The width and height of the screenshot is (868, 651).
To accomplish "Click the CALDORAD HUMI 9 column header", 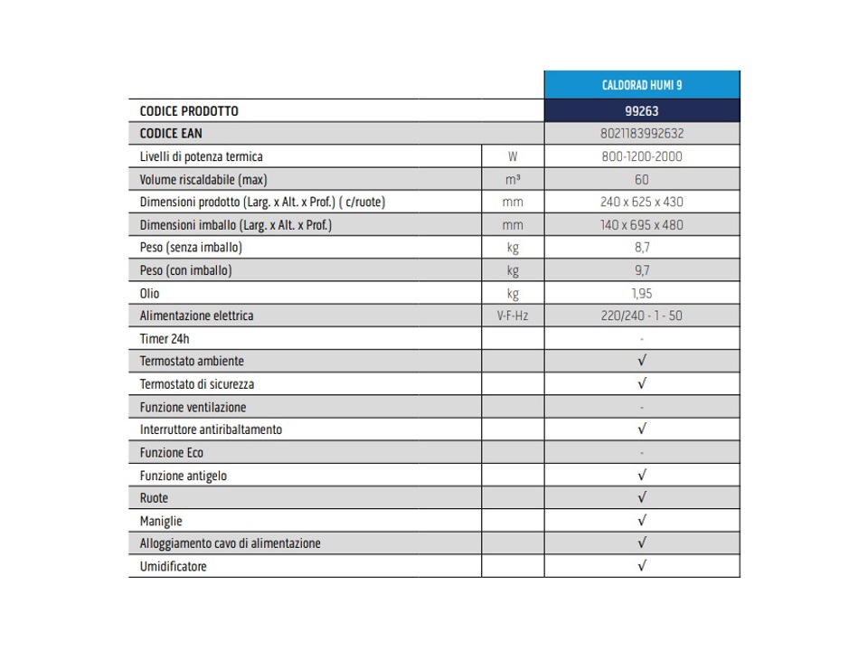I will [642, 85].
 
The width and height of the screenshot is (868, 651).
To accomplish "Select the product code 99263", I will [642, 111].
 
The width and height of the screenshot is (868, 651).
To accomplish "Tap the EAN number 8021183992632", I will [642, 134].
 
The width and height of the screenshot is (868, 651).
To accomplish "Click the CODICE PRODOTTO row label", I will [189, 111].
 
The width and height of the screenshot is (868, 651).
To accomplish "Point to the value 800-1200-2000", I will [642, 156].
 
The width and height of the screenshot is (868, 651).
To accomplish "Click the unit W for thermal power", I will [513, 156].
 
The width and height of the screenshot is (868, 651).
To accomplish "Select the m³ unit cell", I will [513, 179].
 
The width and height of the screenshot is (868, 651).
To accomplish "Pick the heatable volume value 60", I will [642, 179].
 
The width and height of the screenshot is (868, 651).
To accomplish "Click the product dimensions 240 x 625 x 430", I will [642, 202].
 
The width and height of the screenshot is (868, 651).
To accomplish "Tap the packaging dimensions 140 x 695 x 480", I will [642, 225].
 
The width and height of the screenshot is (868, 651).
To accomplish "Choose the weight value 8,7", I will [642, 248].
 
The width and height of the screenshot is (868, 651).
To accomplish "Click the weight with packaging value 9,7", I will [642, 270].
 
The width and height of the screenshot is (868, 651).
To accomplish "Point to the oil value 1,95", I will [642, 293].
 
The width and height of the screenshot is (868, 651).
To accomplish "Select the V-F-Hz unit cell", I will [513, 316].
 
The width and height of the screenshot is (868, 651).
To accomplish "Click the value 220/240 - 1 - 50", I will [642, 316].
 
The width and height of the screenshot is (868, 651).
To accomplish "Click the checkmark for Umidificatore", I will [642, 567].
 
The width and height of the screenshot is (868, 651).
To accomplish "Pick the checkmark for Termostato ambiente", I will [642, 361].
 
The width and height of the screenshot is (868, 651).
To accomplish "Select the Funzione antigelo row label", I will [184, 476].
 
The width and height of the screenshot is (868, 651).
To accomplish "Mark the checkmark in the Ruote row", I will [642, 498].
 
